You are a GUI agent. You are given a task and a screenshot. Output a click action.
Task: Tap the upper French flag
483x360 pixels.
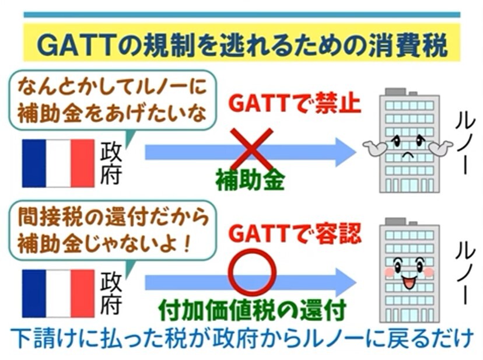point(58,163)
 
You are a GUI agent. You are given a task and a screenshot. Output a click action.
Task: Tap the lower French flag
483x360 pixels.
point(58,293)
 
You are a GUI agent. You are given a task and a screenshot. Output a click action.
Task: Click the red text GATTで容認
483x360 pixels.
point(295,233)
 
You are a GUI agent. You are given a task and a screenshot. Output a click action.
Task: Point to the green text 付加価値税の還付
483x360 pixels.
point(252,309)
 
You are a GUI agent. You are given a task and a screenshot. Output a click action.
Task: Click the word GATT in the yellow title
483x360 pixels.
point(73,46)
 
